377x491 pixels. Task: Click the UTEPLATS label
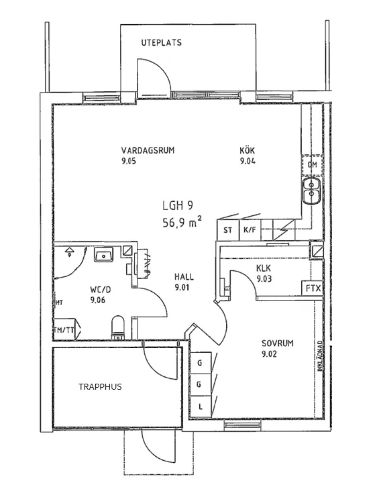click(x=161, y=43)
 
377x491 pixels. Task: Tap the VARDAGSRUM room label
click(x=148, y=150)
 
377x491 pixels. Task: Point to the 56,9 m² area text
click(x=182, y=223)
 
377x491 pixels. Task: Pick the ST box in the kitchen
click(x=227, y=230)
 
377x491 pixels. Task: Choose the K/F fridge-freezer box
click(x=250, y=230)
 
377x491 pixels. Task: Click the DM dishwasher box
click(x=312, y=165)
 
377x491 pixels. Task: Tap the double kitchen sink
click(x=312, y=190)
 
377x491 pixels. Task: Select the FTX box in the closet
click(x=313, y=288)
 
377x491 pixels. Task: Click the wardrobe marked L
click(x=200, y=406)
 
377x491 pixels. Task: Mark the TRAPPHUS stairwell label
click(x=100, y=387)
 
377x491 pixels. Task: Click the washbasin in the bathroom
click(x=104, y=255)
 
